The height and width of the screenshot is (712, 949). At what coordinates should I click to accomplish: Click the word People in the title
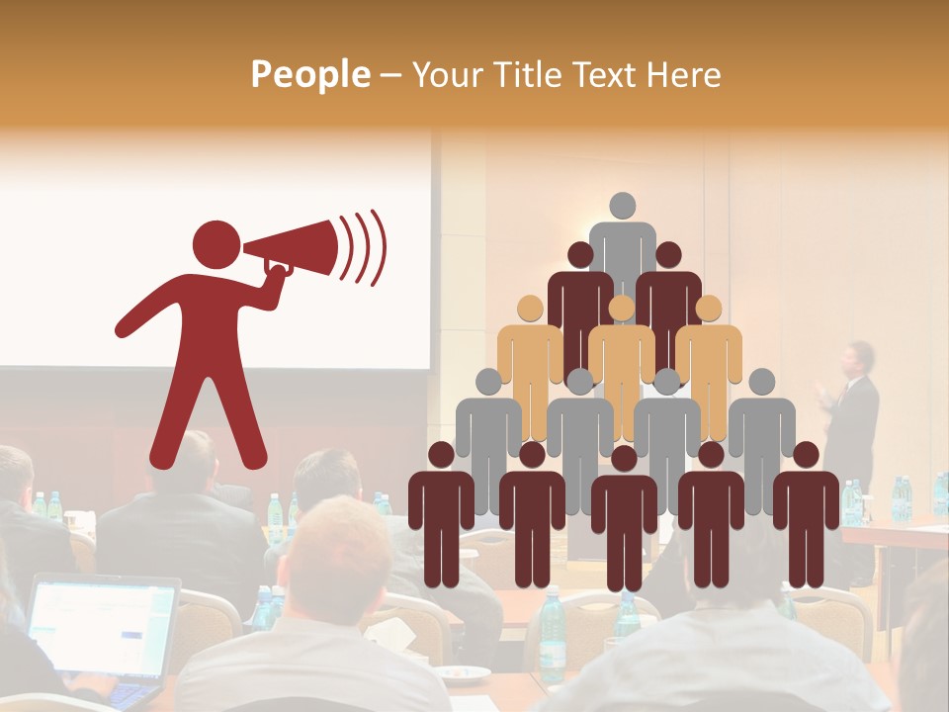(x=309, y=75)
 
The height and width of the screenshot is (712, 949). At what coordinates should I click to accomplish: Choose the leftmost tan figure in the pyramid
(x=530, y=356)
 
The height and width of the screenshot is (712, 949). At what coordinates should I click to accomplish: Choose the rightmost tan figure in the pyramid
(x=710, y=356)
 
